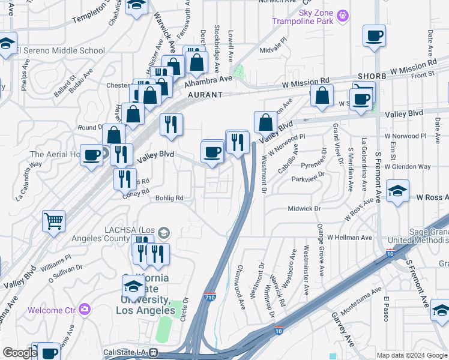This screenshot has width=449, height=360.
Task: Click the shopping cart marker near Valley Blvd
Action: coord(54,221)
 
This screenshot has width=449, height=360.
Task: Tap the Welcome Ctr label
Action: coord(53,310)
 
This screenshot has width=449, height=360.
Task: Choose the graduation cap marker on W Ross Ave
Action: coord(398,191)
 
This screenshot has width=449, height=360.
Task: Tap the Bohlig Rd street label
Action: coord(169,197)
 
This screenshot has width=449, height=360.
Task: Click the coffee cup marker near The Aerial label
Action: coord(91,155)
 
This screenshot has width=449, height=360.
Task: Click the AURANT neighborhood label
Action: coord(205,95)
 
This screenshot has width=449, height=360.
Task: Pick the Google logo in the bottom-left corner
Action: coord(19,353)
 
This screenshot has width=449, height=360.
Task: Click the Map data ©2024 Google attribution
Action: coord(412,355)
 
